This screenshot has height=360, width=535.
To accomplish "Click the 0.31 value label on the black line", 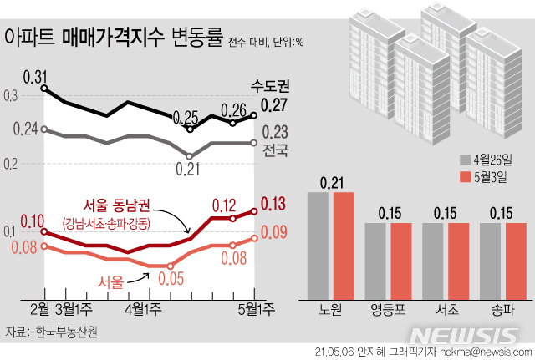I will pos(36,77).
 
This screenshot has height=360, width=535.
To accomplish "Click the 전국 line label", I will pos(275,151).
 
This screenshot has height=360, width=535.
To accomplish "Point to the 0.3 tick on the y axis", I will pos(9,96).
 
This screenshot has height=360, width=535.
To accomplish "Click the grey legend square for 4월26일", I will pos(465,160).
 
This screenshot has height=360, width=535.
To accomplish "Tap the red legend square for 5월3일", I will pos(465,177).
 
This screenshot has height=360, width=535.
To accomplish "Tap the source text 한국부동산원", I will pos(67,332).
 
